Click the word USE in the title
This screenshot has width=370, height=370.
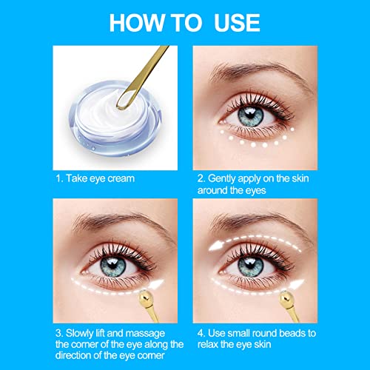pos(237,23)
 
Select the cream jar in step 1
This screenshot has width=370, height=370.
pos(115,119)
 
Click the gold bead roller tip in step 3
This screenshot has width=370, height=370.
pos(146,297)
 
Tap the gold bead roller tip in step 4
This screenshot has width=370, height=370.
pos(286,297)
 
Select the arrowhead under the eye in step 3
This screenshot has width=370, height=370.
pos(155,285)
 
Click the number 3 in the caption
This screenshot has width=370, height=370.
pos(58,333)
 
